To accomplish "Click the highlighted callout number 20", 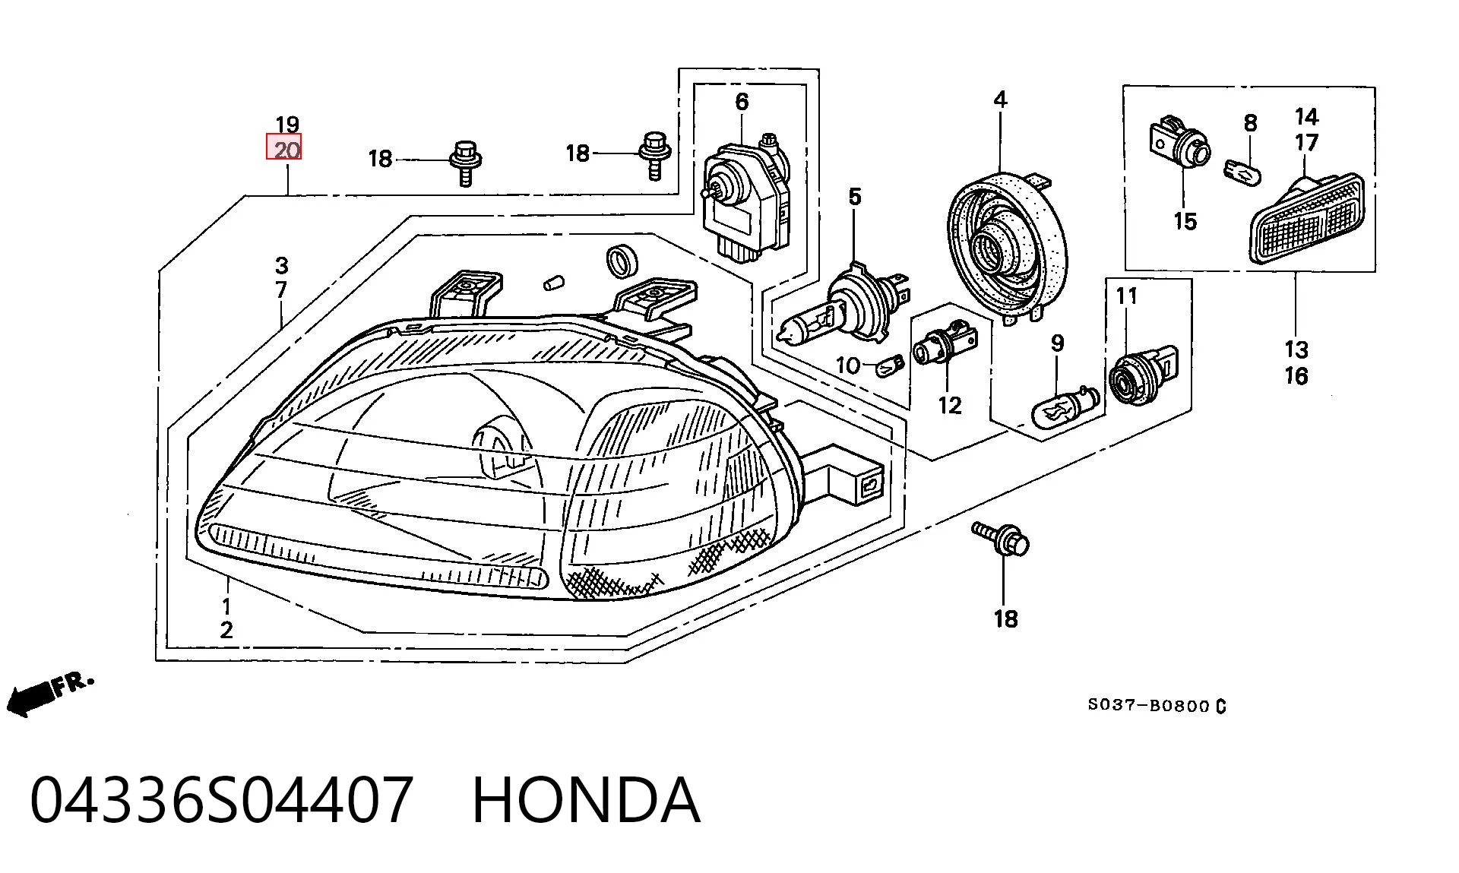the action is click(283, 147).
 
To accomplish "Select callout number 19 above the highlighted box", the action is click(287, 124).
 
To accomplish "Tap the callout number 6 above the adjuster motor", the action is click(742, 102).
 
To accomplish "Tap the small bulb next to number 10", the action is click(891, 367).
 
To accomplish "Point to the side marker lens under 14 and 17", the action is click(1309, 218).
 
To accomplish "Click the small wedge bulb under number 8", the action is click(1243, 169).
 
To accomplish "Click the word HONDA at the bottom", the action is click(585, 800).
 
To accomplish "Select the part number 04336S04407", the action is click(222, 800).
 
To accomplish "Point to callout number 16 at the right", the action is click(1296, 375).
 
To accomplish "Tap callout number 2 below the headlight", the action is click(226, 629).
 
